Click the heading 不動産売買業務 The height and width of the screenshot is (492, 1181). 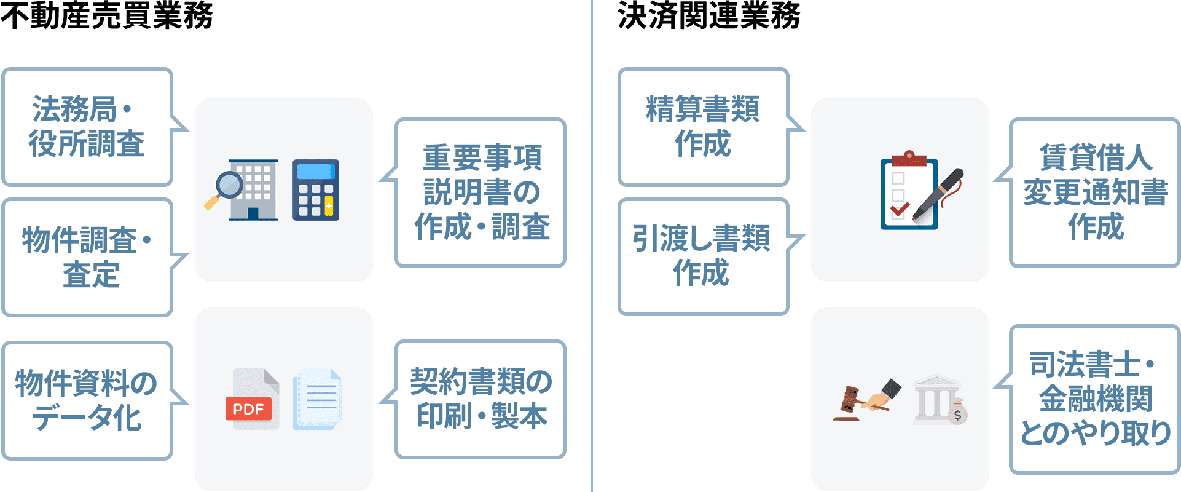106,15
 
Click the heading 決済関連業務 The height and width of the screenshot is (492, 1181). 708,15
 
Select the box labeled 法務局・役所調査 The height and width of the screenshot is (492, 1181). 87,127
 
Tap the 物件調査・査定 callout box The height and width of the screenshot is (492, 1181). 87,257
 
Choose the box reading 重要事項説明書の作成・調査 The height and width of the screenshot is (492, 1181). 481,192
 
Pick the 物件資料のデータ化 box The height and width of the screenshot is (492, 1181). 87,401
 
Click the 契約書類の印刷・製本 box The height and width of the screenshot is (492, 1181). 481,399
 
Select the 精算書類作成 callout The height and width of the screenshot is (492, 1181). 703,127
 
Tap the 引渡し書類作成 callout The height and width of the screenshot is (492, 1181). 703,256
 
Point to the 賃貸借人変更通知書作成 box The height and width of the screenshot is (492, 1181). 1095,192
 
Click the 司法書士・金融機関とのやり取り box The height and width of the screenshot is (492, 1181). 1095,399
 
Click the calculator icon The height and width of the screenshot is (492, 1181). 316,190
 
